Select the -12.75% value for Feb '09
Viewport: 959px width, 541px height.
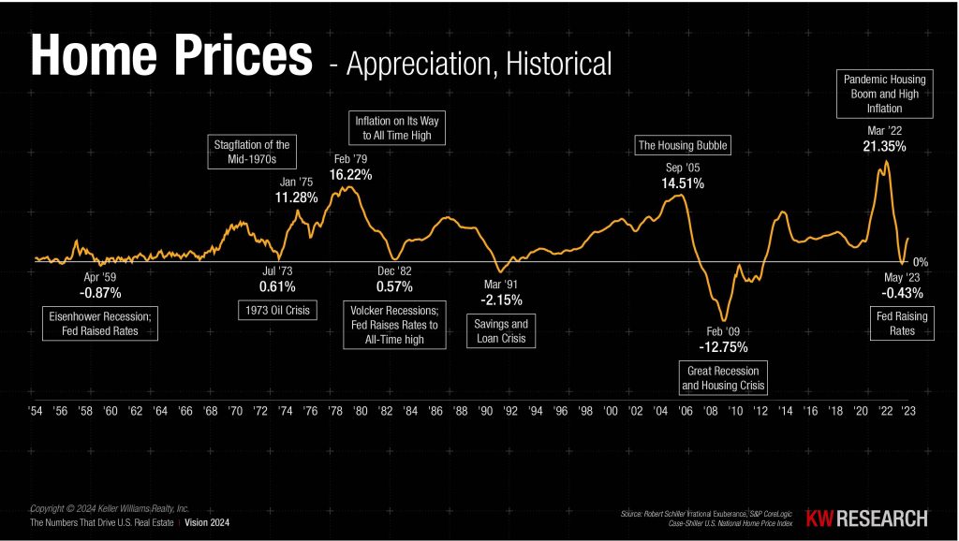(722, 346)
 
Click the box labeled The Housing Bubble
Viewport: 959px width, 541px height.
(683, 145)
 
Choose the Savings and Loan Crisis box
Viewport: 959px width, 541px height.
(503, 331)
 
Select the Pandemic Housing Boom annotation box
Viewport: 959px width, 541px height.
(884, 94)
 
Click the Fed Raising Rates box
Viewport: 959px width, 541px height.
(902, 324)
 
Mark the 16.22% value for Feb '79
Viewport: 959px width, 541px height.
(351, 175)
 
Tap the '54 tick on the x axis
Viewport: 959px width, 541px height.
(36, 412)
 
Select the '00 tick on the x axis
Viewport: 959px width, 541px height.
(610, 412)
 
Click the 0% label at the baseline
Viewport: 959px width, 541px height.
(920, 262)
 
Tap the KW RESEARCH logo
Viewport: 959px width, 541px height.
(868, 518)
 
